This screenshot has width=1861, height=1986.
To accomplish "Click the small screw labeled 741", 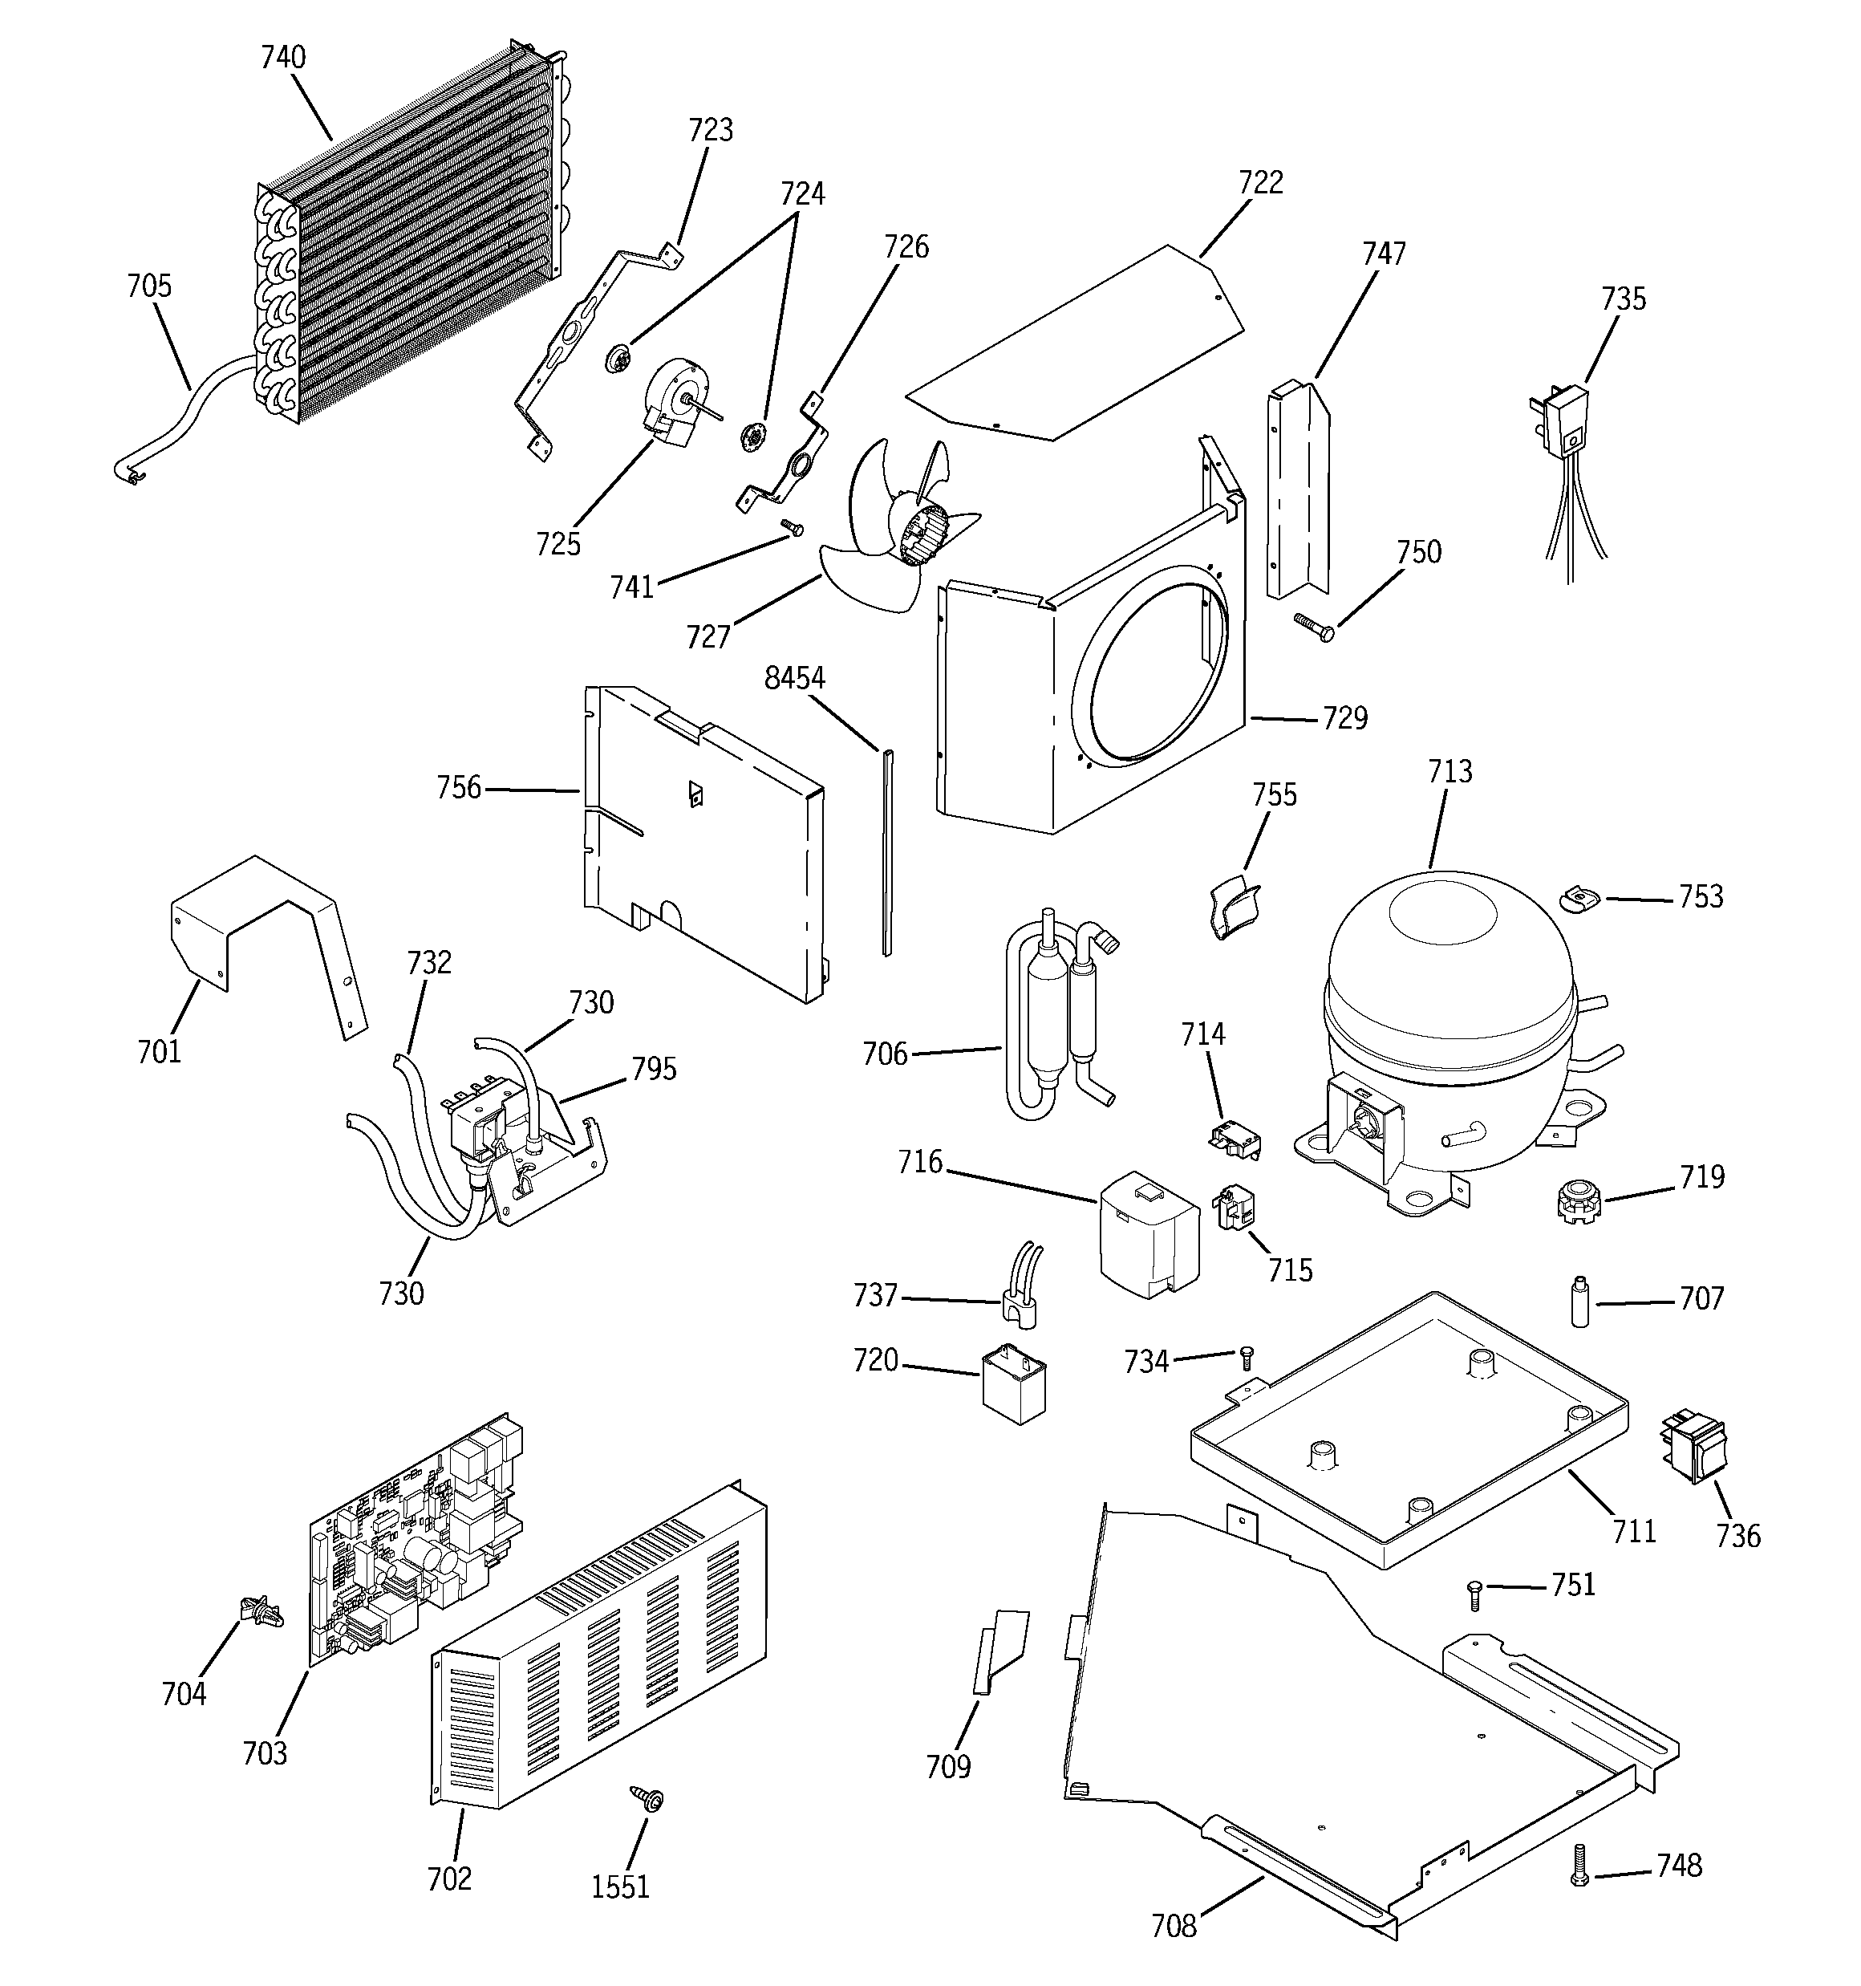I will [x=793, y=526].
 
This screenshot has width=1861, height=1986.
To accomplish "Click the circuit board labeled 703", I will [x=415, y=1538].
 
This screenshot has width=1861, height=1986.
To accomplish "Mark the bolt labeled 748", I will [x=1579, y=1866].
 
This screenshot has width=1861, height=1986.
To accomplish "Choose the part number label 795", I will [x=653, y=1069].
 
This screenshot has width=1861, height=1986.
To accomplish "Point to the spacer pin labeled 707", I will [x=1579, y=1302].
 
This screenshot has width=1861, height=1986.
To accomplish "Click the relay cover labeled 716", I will [x=1149, y=1234].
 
